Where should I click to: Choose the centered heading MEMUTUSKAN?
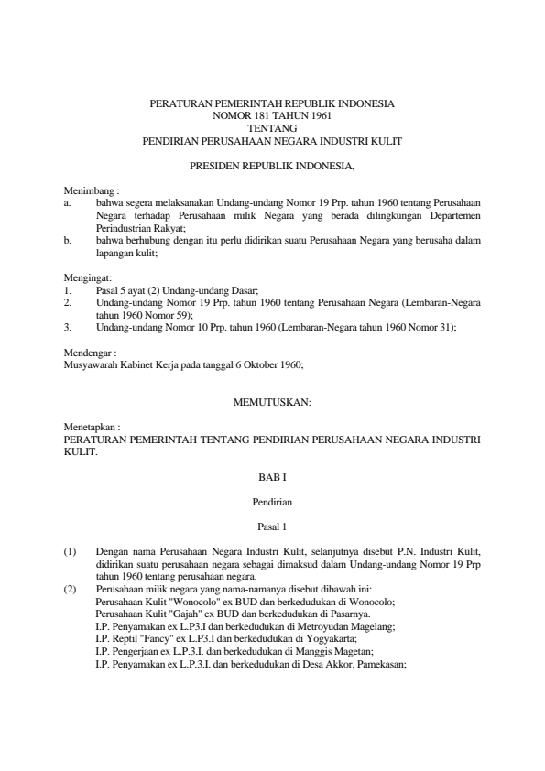click(x=272, y=401)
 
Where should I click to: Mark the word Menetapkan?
click(x=86, y=427)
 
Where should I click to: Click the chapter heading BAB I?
click(x=272, y=477)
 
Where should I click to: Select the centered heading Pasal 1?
click(x=272, y=526)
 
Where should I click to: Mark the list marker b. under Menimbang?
click(x=67, y=240)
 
